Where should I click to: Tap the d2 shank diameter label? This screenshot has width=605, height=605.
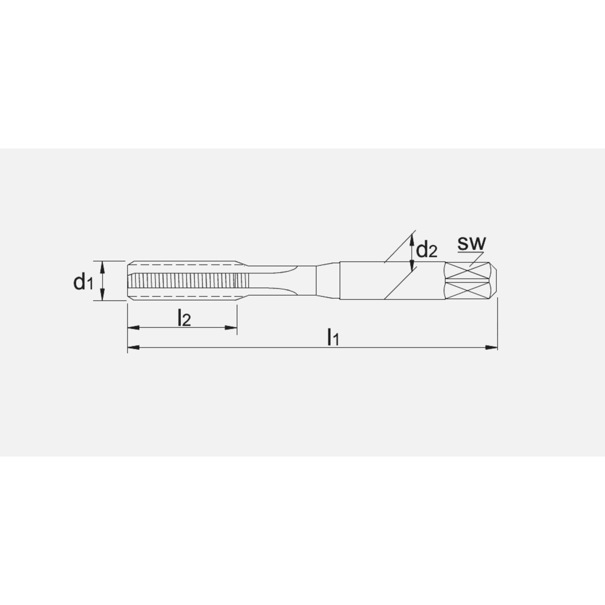click(x=426, y=250)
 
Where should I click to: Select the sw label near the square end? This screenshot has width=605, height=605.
click(x=472, y=243)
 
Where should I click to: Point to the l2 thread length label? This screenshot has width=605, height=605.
click(x=184, y=318)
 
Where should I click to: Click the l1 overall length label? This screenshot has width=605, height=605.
click(x=332, y=337)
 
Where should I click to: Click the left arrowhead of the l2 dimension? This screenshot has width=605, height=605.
click(x=132, y=328)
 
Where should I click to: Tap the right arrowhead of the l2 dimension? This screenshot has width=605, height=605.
click(x=231, y=328)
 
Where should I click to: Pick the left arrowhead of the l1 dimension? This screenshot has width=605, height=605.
click(x=132, y=348)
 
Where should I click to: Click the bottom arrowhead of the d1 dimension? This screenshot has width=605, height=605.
click(x=103, y=296)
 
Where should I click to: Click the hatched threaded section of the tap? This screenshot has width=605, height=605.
click(x=181, y=281)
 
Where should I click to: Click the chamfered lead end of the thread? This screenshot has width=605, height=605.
click(x=130, y=281)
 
